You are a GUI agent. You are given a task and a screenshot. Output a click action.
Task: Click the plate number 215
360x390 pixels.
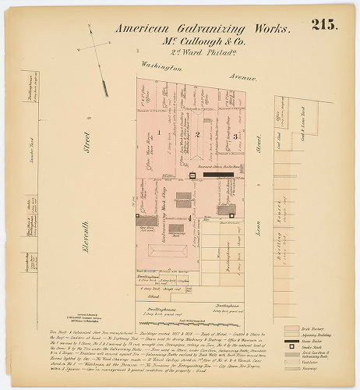[x=325, y=24]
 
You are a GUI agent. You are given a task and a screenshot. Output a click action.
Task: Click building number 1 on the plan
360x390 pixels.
[x=158, y=133]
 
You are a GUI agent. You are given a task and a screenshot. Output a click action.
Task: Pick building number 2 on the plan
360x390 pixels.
[x=198, y=135]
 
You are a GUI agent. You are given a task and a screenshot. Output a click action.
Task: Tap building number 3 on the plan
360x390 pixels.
[x=235, y=136]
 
